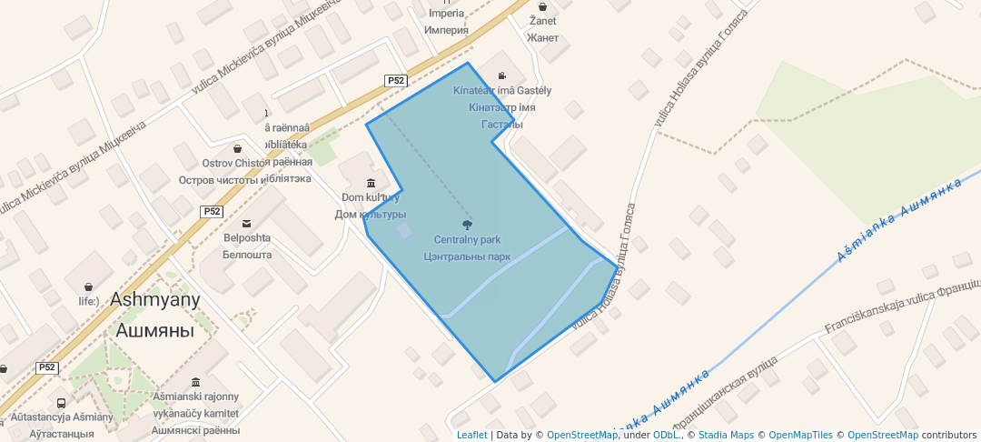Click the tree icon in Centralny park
467,224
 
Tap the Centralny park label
467,240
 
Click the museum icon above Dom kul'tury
371,183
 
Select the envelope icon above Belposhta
246,224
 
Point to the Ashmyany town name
155,299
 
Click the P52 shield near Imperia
396,80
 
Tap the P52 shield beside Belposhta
212,211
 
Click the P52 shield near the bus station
47,367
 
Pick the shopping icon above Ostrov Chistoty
238,148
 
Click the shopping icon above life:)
88,286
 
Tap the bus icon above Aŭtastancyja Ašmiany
61,403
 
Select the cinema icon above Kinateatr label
502,76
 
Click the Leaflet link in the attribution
471,435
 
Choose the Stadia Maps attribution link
725,435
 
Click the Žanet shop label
542,21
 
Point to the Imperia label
446,14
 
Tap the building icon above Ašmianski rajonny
195,382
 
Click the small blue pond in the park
404,231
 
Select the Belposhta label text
247,239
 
